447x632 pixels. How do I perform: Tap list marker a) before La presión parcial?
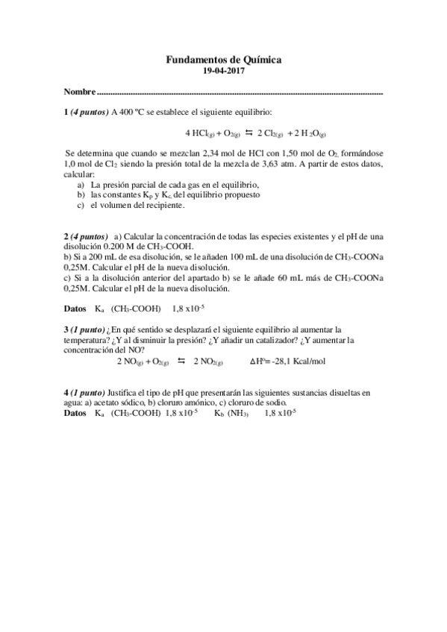click(81, 184)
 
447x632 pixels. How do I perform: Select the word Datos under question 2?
click(76, 307)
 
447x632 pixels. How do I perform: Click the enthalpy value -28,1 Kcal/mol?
click(299, 361)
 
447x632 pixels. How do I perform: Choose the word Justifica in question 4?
click(126, 392)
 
